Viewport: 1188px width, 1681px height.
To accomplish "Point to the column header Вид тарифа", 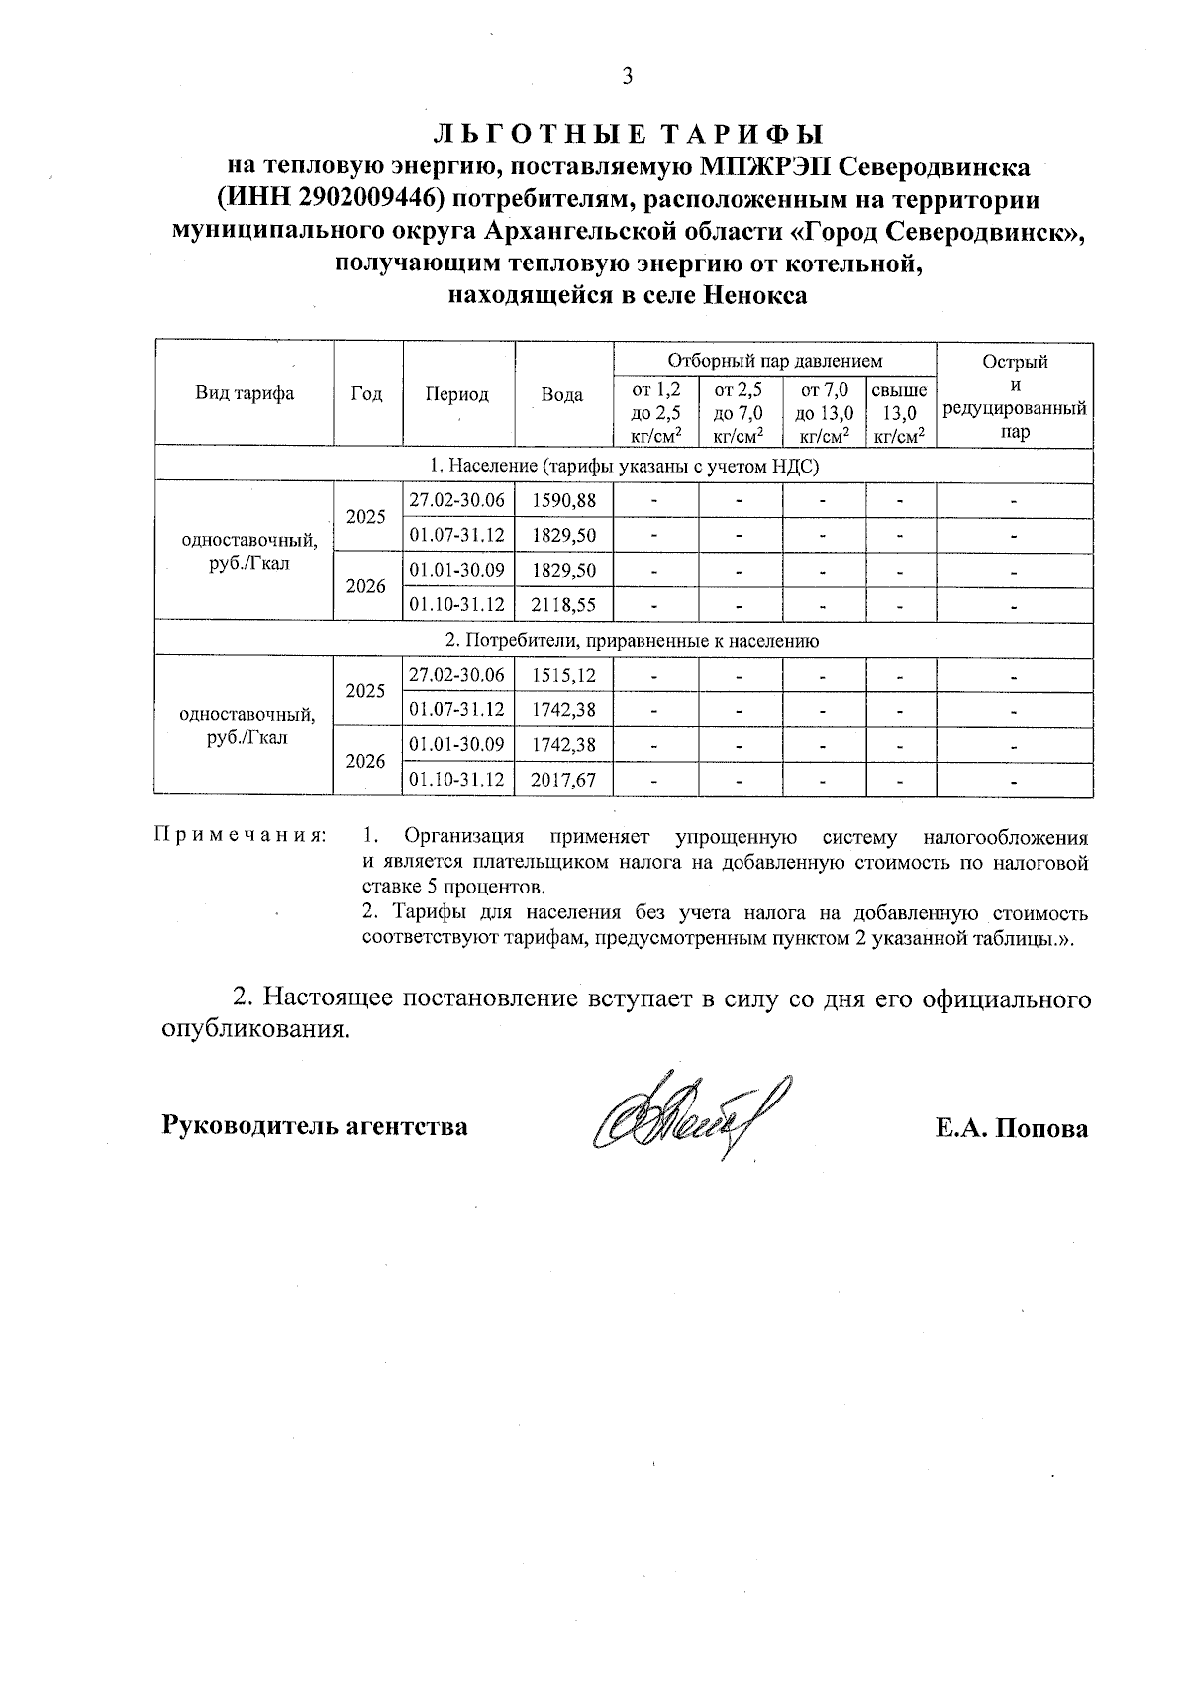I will tap(244, 393).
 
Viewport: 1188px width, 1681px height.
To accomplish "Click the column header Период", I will tap(456, 393).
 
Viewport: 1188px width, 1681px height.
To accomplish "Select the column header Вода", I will tap(561, 393).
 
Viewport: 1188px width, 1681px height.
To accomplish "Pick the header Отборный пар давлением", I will tap(774, 361).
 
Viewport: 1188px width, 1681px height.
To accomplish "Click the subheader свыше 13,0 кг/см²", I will tap(899, 412).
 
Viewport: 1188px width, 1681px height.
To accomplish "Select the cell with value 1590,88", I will tap(563, 501).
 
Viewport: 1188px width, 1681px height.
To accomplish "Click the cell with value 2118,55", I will tap(563, 604).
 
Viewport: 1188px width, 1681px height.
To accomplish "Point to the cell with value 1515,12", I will tap(563, 676).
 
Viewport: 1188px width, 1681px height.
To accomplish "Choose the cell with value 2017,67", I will tap(563, 780).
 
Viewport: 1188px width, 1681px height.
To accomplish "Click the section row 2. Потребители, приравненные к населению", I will tap(624, 640).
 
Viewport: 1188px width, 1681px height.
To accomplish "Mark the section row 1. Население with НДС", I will tap(624, 466).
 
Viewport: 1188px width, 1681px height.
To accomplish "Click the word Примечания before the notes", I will tap(239, 836).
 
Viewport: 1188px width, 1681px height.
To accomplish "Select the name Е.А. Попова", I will tap(1011, 1128).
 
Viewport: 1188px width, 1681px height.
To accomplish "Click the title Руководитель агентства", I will tap(315, 1126).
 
